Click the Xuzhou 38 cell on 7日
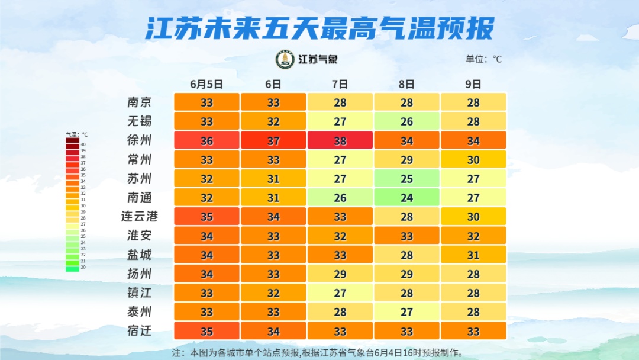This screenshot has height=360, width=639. [x=340, y=140]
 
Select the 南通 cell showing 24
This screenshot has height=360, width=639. [x=406, y=197]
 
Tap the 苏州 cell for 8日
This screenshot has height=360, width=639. [x=406, y=178]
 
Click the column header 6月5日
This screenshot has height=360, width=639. [x=206, y=84]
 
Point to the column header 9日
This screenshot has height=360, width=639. [x=473, y=84]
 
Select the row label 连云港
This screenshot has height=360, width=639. [x=140, y=216]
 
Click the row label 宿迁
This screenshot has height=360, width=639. [x=140, y=330]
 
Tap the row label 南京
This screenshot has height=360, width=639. [x=140, y=102]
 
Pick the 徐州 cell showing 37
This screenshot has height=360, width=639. [x=273, y=140]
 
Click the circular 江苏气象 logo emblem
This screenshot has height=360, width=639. [x=285, y=59]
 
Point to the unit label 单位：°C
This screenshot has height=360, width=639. [x=483, y=59]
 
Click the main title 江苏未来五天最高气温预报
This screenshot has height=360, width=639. [x=319, y=28]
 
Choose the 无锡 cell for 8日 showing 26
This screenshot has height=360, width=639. [x=406, y=121]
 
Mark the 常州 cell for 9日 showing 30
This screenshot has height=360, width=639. [x=473, y=159]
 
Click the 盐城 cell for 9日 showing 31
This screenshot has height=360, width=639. [x=473, y=255]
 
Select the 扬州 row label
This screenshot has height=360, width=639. [x=140, y=274]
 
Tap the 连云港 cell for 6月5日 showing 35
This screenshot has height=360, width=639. [x=206, y=216]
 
